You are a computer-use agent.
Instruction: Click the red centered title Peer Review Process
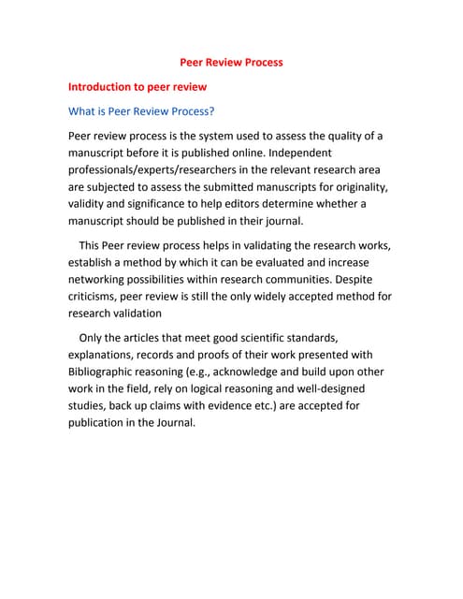point(231,63)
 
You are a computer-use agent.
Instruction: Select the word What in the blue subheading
point(85,111)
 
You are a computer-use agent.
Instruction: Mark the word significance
point(156,204)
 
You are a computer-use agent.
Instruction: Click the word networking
point(103,280)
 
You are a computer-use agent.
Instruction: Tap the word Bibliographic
point(109,372)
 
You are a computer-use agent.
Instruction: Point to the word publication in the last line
point(103,422)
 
